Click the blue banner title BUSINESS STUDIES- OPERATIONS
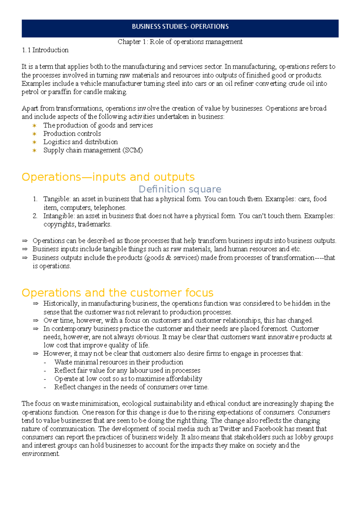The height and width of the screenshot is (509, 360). pos(180,27)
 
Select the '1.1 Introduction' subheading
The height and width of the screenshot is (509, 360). pos(45,50)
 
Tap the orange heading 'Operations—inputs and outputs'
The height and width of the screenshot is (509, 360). pos(108,177)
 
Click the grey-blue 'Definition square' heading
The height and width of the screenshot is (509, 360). pos(180,189)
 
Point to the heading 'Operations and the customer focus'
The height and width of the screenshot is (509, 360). pos(117,293)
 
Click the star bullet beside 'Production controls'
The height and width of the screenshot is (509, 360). pos(34,134)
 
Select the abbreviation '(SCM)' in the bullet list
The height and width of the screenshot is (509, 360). pos(133,150)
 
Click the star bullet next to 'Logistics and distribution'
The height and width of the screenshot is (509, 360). pos(34,142)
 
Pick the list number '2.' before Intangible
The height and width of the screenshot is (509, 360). pos(35,216)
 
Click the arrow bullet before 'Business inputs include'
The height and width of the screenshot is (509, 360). pos(25,249)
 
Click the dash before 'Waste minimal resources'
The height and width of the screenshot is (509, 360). pos(45,362)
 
